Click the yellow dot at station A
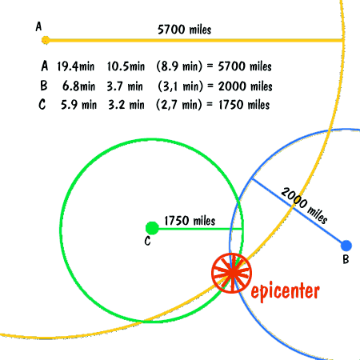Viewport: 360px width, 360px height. pos(46,40)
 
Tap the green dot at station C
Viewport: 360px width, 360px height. pos(152,228)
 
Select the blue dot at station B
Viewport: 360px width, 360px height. pos(346,246)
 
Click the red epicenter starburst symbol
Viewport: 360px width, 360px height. pos(232,274)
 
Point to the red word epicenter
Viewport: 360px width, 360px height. pos(285,291)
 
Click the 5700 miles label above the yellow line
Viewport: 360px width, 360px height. pos(184,30)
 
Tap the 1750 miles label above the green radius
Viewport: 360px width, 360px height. pos(190,221)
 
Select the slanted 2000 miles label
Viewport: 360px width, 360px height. pos(304,205)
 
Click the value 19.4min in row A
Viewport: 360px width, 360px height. pos(76,66)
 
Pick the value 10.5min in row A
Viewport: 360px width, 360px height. pos(126,66)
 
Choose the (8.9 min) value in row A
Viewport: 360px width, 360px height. pos(179,66)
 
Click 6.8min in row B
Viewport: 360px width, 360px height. pos(78,86)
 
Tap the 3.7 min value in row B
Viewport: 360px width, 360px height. pos(125,86)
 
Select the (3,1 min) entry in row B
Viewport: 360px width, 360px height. pos(181,86)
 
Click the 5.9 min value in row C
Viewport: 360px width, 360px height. pos(78,105)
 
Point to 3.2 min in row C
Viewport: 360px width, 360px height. pos(126,105)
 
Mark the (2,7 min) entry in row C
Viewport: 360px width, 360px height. pos(179,105)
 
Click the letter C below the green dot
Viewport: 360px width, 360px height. pos(147,241)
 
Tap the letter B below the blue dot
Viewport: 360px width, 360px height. pos(346,259)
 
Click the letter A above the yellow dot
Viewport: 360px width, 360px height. pos(38,26)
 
